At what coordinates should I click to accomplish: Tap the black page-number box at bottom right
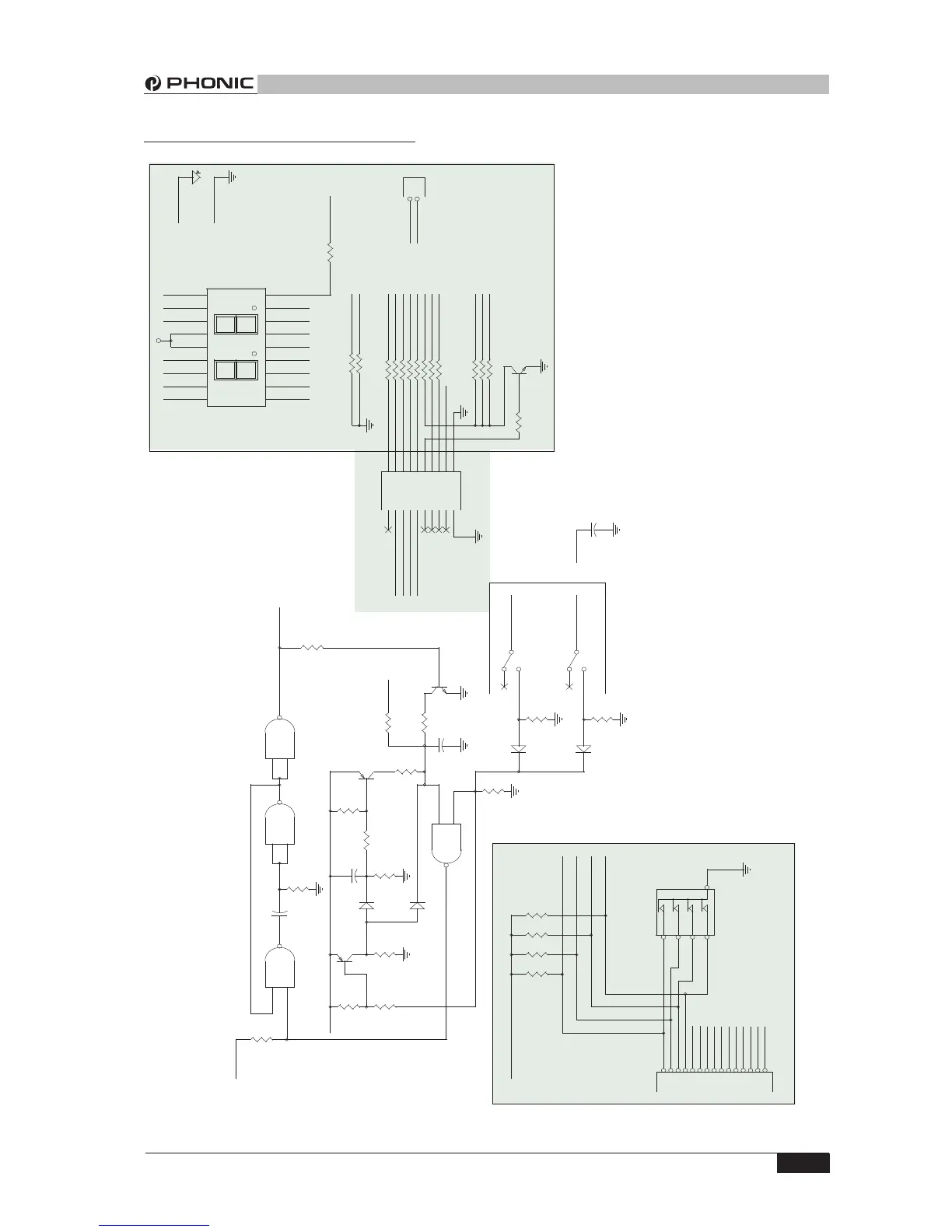tap(802, 1163)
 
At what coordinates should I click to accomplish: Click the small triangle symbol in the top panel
tap(195, 177)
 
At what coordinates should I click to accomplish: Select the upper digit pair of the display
tap(236, 324)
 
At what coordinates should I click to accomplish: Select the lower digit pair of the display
tap(236, 370)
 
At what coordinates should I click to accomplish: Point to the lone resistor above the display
tap(330, 253)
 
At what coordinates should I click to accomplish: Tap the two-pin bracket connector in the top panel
tap(415, 189)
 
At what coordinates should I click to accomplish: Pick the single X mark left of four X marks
tap(388, 530)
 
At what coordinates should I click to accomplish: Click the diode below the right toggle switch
tap(584, 749)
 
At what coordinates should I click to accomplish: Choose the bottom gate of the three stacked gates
tap(280, 968)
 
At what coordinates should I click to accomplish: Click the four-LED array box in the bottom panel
tap(684, 912)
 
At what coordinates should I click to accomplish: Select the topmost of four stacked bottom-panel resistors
tap(537, 915)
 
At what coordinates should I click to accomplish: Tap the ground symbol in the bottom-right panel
tap(746, 870)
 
